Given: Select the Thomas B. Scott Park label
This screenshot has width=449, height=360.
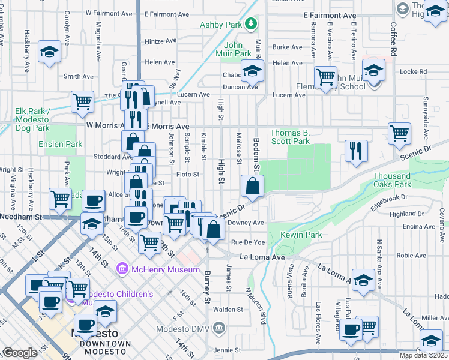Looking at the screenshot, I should pyautogui.click(x=289, y=137).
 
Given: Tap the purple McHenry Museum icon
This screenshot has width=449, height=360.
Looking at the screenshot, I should pyautogui.click(x=124, y=269).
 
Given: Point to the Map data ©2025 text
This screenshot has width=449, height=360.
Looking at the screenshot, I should pyautogui.click(x=423, y=355).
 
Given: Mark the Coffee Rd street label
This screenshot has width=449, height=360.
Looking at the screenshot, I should pyautogui.click(x=394, y=40).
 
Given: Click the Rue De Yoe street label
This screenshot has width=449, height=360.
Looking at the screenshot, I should pyautogui.click(x=248, y=242).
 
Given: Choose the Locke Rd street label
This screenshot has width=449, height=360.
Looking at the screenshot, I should pyautogui.click(x=412, y=72).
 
